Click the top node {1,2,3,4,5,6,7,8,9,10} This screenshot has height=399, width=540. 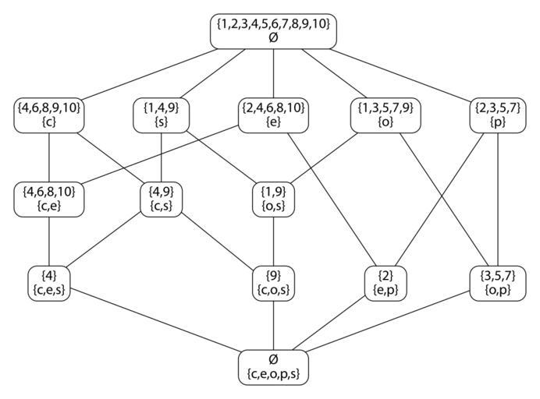point(273,30)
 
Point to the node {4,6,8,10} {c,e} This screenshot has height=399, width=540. point(49,198)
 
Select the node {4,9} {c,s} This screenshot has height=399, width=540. point(161,198)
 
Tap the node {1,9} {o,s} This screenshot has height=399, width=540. point(273,198)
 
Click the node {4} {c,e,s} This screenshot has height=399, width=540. point(49,282)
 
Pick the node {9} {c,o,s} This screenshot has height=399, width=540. point(273,282)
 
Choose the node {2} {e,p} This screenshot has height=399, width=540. point(385,282)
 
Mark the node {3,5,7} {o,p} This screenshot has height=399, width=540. point(498,282)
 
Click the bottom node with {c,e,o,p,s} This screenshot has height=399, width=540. point(273,366)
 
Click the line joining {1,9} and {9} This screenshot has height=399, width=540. point(273,240)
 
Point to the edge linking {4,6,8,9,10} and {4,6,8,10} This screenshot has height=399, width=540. point(49,157)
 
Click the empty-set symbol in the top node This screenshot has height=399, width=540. point(273,37)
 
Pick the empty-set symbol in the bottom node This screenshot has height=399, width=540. point(273,358)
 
